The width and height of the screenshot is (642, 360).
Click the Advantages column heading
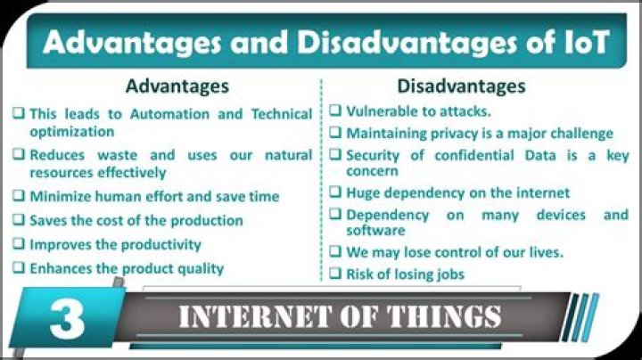click(177, 86)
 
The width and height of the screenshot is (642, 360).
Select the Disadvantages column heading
click(461, 86)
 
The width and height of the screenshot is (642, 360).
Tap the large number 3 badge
click(68, 319)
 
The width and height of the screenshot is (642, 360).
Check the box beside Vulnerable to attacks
click(335, 111)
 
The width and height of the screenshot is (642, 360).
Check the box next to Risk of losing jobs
click(335, 274)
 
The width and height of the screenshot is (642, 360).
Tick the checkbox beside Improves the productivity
click(19, 244)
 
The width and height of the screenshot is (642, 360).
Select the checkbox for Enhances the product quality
click(19, 268)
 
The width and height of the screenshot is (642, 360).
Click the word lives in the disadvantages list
click(542, 252)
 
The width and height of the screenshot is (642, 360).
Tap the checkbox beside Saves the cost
click(19, 220)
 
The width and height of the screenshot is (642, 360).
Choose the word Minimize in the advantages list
click(61, 196)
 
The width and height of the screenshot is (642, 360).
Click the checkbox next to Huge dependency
click(335, 192)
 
